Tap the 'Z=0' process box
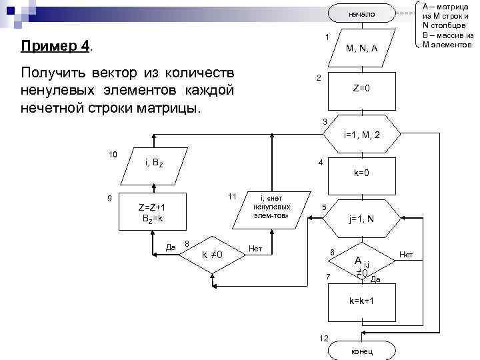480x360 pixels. [x=361, y=89]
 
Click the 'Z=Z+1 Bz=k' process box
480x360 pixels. [x=151, y=212]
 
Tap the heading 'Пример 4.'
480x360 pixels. [x=57, y=47]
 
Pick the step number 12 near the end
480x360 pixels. [x=324, y=339]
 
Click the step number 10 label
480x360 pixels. [x=113, y=155]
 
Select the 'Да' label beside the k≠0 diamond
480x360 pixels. [x=171, y=247]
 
